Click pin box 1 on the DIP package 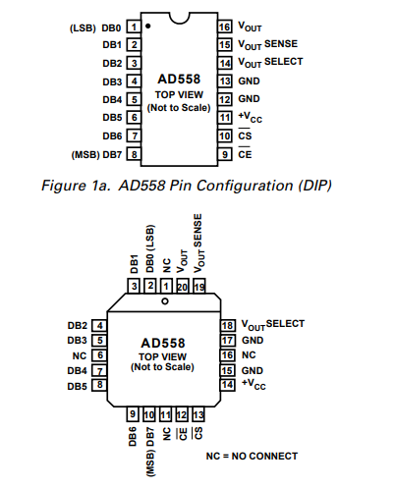pyautogui.click(x=134, y=27)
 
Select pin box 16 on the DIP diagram pyautogui.click(x=225, y=27)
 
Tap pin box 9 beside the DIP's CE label pyautogui.click(x=225, y=154)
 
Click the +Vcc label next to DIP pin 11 pyautogui.click(x=250, y=117)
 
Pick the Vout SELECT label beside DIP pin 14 pyautogui.click(x=270, y=62)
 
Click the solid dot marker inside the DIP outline pyautogui.click(x=148, y=26)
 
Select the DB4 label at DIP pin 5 pyautogui.click(x=112, y=99)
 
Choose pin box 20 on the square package pyautogui.click(x=183, y=287)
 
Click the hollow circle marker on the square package pyautogui.click(x=165, y=300)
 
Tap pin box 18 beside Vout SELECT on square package pyautogui.click(x=228, y=326)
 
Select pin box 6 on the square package pyautogui.click(x=99, y=355)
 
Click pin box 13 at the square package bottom pyautogui.click(x=198, y=414)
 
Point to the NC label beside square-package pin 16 pyautogui.click(x=249, y=355)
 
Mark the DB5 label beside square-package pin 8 pyautogui.click(x=78, y=386)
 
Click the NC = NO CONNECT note pyautogui.click(x=252, y=456)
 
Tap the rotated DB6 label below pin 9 pyautogui.click(x=133, y=437)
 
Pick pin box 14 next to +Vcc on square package pyautogui.click(x=228, y=385)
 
